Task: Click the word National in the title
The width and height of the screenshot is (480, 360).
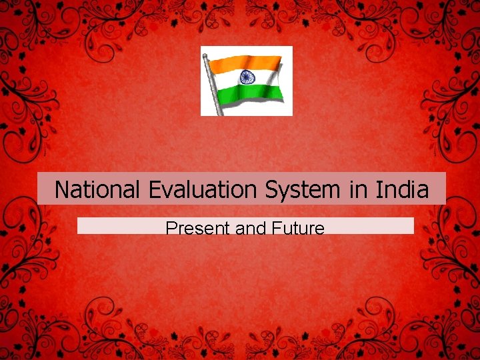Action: pyautogui.click(x=97, y=190)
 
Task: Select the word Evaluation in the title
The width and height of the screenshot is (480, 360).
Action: pyautogui.click(x=203, y=191)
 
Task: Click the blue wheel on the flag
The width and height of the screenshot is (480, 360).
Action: pyautogui.click(x=248, y=77)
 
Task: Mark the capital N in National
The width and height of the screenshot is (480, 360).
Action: pyautogui.click(x=61, y=190)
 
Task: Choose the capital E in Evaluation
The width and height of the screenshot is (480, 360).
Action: pyautogui.click(x=155, y=190)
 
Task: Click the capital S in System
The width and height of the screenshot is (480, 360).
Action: pyautogui.click(x=272, y=190)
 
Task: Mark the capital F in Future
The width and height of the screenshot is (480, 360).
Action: pyautogui.click(x=276, y=229)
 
